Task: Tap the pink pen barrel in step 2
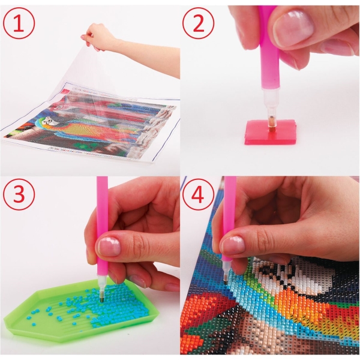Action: [270, 50]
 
